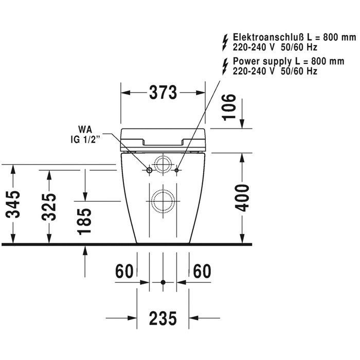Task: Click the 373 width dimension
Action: pos(163,93)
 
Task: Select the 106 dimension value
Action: pos(229,107)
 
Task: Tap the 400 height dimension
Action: pos(242,197)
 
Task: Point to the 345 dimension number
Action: pos(13,204)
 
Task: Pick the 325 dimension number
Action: pos(49,207)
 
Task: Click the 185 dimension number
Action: pos(84,221)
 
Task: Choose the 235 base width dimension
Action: pos(163,318)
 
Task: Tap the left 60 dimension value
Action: pos(124,271)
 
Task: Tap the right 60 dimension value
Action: pos(202,271)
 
